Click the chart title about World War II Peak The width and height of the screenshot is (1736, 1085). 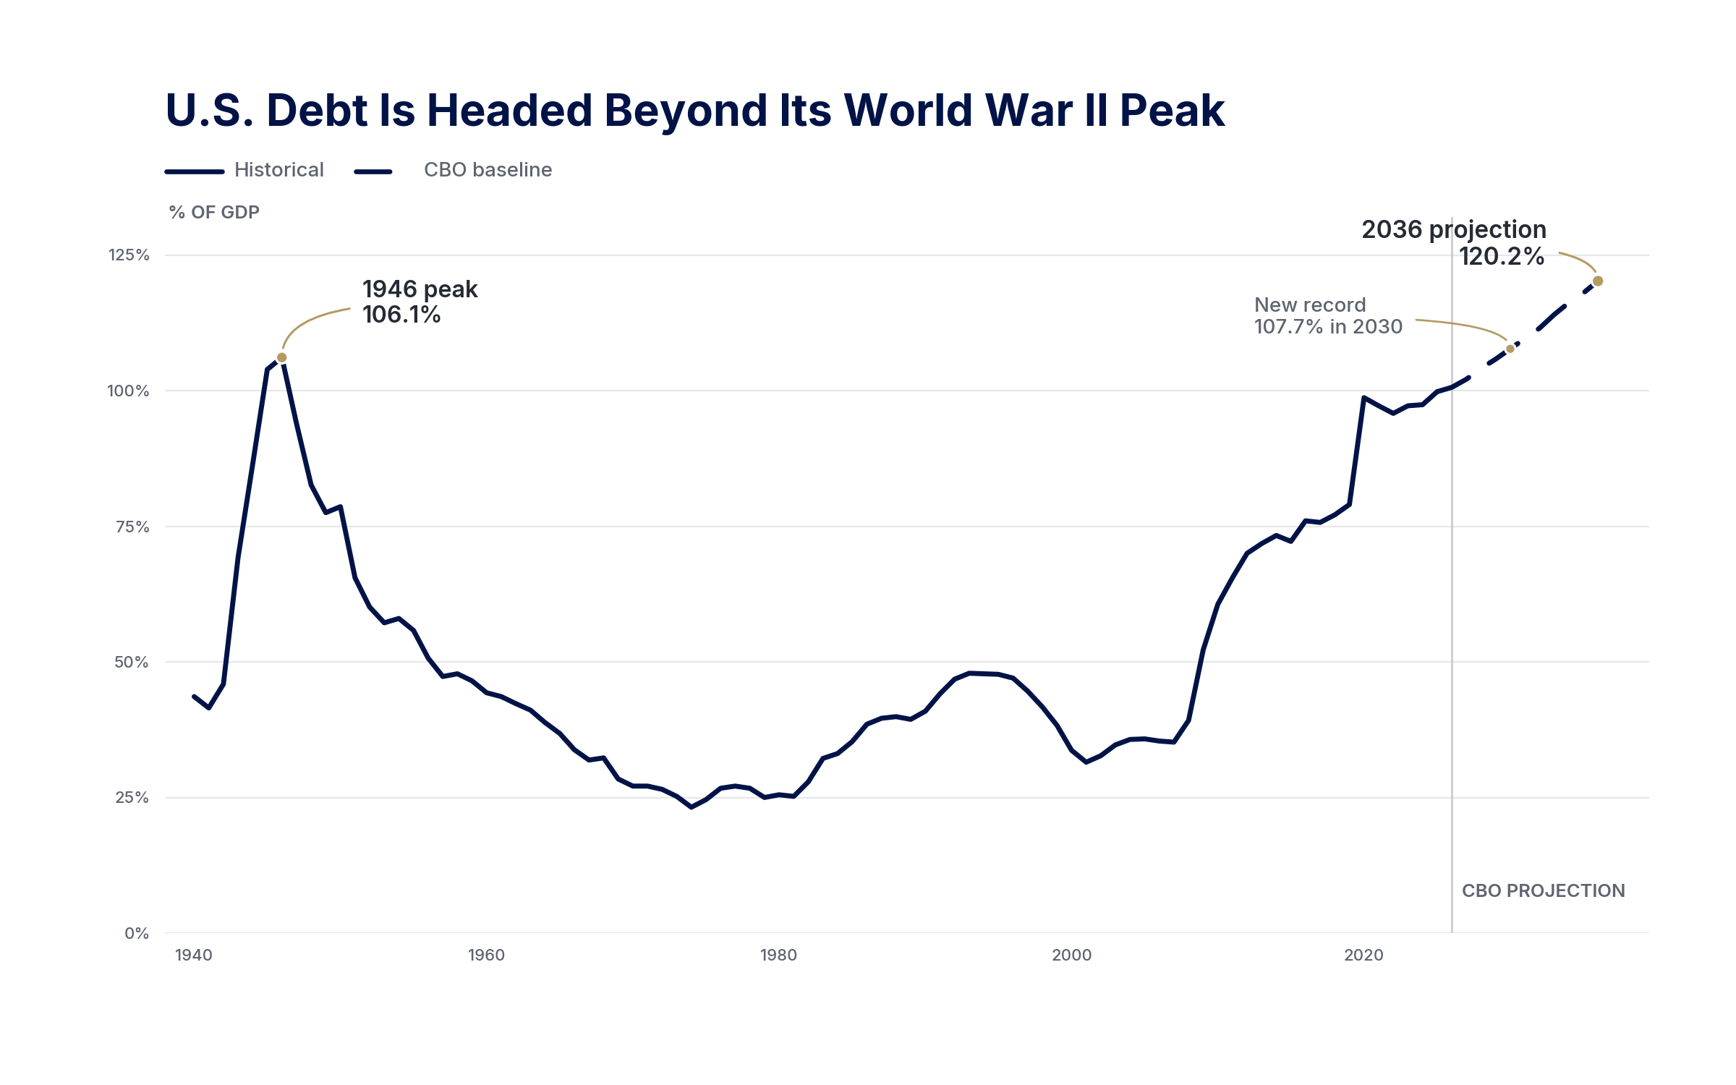[x=695, y=111]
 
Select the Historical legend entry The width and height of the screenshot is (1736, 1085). [x=244, y=170]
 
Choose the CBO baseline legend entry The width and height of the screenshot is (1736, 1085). [x=453, y=170]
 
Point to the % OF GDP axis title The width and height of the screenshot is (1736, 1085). [x=214, y=212]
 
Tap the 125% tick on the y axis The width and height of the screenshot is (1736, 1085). [x=129, y=255]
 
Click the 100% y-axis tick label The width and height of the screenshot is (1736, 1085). [x=128, y=391]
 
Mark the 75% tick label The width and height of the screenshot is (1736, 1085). [x=132, y=527]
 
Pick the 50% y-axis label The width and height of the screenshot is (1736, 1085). [x=132, y=662]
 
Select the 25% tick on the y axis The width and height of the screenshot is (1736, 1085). [x=132, y=797]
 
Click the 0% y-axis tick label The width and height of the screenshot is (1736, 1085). [x=137, y=933]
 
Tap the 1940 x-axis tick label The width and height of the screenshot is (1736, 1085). [x=194, y=955]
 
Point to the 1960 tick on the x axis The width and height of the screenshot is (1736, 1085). [x=486, y=955]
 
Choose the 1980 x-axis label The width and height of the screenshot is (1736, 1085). [x=778, y=955]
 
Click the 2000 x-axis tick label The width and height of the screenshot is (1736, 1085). [x=1072, y=955]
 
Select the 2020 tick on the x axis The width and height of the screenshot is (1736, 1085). [x=1363, y=955]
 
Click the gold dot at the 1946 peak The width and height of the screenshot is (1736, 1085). [x=282, y=357]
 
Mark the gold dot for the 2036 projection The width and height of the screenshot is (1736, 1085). [x=1598, y=281]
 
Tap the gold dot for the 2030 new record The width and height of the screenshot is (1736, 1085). [x=1510, y=349]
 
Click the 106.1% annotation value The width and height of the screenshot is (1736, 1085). [x=401, y=315]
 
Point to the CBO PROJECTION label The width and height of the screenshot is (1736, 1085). [x=1544, y=890]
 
